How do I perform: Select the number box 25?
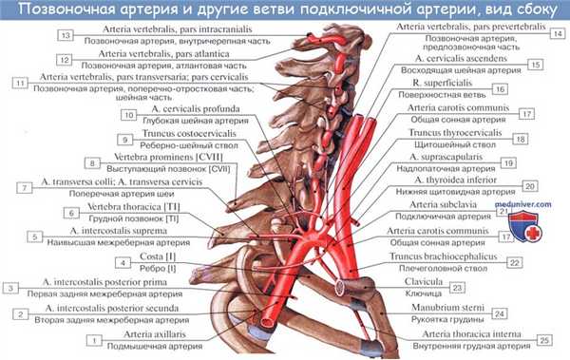coord(543,339)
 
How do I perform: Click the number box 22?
coord(513,262)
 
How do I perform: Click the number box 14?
coord(557,32)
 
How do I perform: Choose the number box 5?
coord(34,237)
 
